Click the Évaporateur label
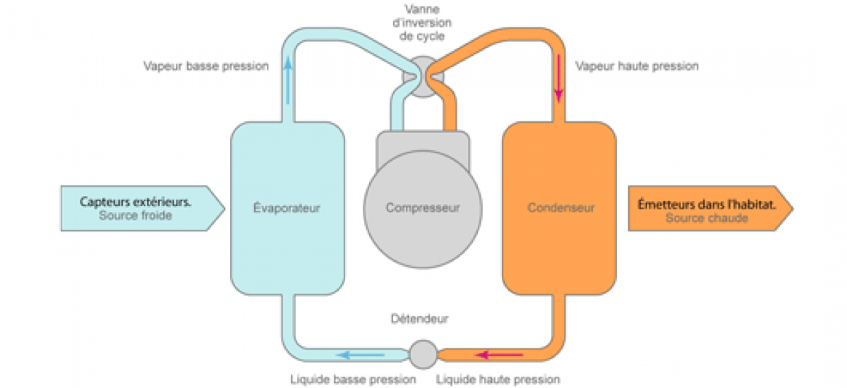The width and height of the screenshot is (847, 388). coord(287,208)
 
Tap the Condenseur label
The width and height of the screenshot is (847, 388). coord(560,208)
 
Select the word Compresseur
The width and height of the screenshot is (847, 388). coord(423,208)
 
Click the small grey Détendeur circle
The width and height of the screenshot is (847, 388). coord(423,353)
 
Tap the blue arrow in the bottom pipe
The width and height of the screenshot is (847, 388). coord(359,355)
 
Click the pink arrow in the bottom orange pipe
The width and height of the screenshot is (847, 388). coord(498,355)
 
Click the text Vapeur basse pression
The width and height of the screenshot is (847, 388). coord(206,66)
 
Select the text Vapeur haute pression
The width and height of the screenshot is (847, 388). coord(637,66)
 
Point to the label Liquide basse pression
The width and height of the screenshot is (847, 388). coord(353,380)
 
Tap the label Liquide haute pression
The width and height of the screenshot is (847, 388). coord(498,380)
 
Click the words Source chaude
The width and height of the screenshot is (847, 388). coord(707,218)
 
